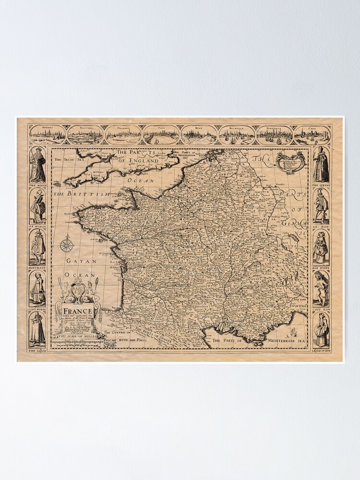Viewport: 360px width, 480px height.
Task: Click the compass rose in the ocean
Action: coord(67,245)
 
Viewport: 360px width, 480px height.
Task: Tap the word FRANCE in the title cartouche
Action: coord(77,311)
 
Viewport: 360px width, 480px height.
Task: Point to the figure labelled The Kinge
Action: coord(37,165)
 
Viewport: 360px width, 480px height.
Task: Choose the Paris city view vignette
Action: coord(161,135)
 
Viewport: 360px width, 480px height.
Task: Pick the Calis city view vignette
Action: coord(312,135)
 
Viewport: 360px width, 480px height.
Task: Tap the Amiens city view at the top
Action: coord(47,135)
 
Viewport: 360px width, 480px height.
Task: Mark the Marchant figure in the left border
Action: coord(37,248)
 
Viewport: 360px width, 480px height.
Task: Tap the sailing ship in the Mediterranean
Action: coord(293,331)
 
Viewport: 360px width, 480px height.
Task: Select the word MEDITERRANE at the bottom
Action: coord(273,340)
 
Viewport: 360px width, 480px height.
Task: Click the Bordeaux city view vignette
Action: coord(275,135)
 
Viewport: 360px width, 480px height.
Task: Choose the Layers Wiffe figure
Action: coord(321,330)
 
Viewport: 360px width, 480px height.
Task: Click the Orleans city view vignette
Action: coord(123,135)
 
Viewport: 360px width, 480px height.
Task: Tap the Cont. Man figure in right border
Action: coord(321,289)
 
